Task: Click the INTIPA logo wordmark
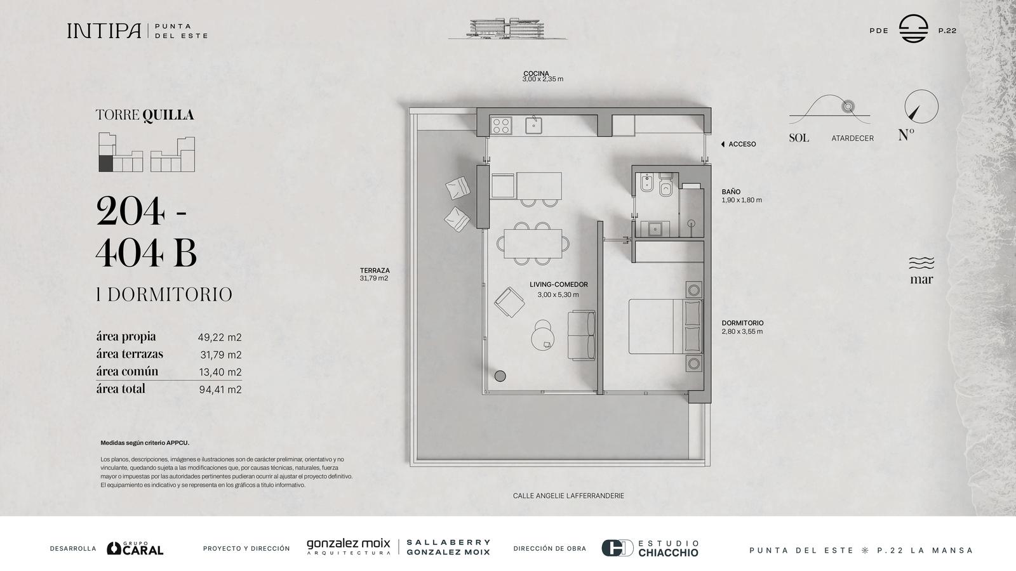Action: point(104,31)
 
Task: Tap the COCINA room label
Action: point(536,74)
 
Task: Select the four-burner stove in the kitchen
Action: point(501,125)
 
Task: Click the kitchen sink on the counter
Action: point(533,124)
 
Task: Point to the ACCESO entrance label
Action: point(742,144)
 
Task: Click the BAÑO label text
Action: point(731,192)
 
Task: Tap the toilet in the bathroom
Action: point(665,185)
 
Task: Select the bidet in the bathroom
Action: point(646,183)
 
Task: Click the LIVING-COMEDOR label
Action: point(558,285)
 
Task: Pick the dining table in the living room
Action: point(533,244)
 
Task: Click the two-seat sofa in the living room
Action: point(582,336)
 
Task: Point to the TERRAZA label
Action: point(375,270)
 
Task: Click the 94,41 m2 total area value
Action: point(220,390)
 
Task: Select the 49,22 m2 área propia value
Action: point(220,337)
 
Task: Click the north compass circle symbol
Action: point(921,107)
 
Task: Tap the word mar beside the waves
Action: point(921,279)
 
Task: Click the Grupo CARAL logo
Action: point(135,548)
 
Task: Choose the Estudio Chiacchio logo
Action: point(650,548)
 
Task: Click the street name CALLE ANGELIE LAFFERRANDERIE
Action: point(568,496)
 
